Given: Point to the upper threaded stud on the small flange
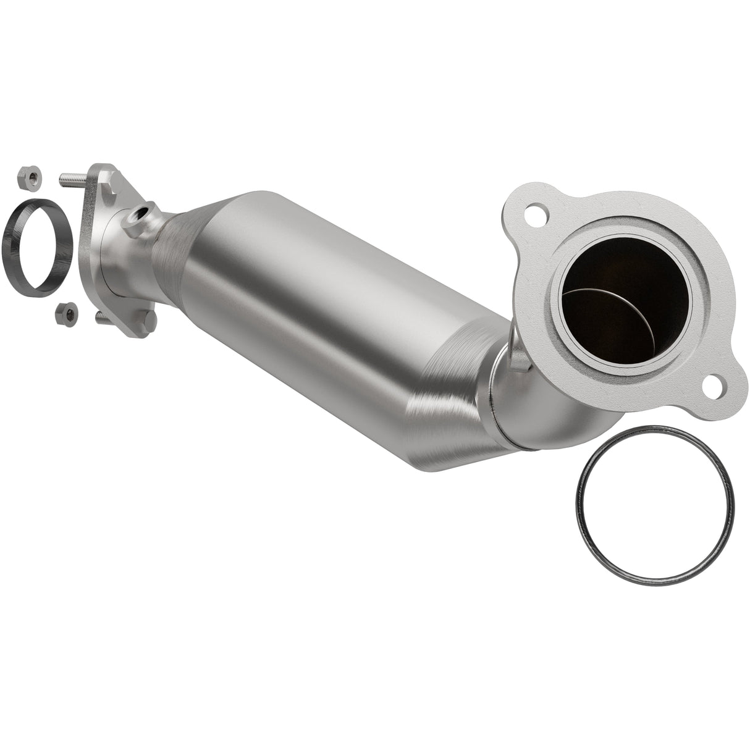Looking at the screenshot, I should pyautogui.click(x=71, y=180).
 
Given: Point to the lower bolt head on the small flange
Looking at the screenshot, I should pyautogui.click(x=150, y=321).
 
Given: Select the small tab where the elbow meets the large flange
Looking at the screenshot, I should pyautogui.click(x=520, y=364).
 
